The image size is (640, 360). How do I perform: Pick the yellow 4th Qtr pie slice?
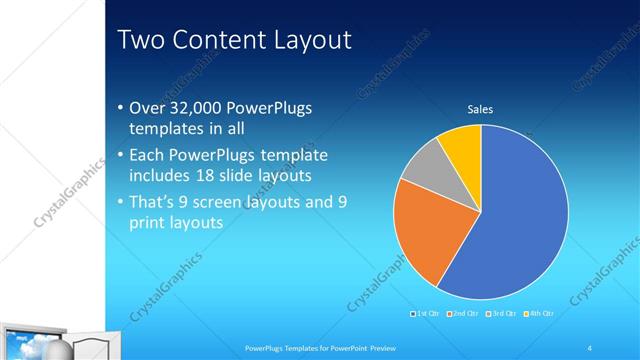[463, 144]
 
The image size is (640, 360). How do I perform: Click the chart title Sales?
[481, 110]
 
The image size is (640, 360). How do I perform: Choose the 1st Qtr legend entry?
[425, 314]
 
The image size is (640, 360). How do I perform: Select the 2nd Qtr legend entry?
[462, 314]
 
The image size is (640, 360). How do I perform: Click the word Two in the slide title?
[139, 40]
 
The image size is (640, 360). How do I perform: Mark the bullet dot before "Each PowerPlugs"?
[121, 157]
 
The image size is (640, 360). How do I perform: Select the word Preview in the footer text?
[369, 347]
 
